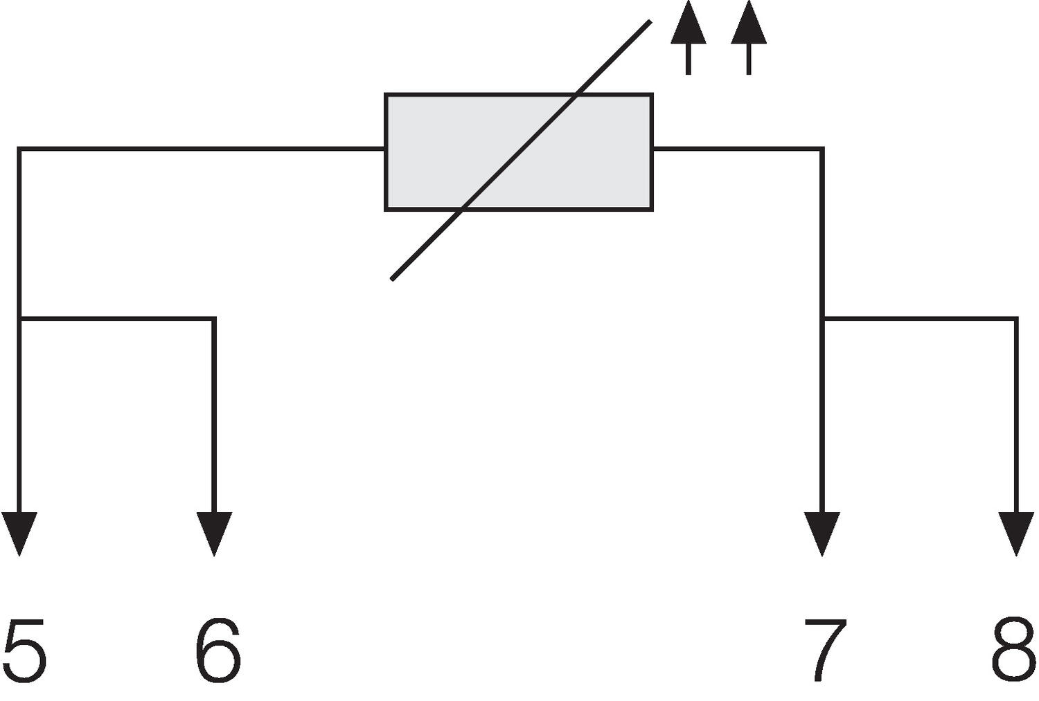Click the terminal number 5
[x=24, y=651]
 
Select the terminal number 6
[x=217, y=651]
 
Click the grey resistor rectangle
[x=519, y=152]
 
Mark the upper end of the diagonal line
[x=649, y=22]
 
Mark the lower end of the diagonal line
[x=393, y=278]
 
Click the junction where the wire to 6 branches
[x=20, y=318]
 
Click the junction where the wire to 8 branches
[x=823, y=318]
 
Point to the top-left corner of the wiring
[x=20, y=149]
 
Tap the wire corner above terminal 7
[x=822, y=149]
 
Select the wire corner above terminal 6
[x=214, y=318]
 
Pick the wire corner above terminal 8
[x=1016, y=318]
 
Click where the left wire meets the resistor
[x=385, y=149]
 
